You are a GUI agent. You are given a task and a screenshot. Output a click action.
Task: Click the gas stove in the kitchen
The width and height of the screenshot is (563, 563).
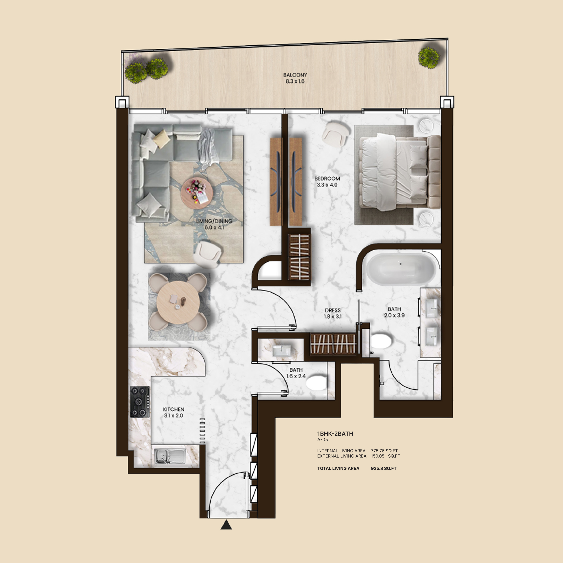[140, 402]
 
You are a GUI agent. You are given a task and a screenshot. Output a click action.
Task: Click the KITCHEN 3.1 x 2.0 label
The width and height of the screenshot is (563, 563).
[174, 412]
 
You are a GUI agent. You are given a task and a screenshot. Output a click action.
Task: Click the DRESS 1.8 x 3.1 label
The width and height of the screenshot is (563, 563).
[333, 313]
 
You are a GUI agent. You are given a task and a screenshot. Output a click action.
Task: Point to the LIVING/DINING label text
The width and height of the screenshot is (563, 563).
[214, 221]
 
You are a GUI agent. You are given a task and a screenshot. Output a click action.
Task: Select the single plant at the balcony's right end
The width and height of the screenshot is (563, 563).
[429, 58]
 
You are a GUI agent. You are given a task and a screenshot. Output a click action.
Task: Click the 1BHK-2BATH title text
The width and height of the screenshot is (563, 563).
[335, 434]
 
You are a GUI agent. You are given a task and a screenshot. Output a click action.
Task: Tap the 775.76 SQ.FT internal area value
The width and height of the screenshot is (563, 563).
[384, 451]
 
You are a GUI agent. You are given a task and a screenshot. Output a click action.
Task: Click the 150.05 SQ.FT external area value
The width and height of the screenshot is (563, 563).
[385, 456]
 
